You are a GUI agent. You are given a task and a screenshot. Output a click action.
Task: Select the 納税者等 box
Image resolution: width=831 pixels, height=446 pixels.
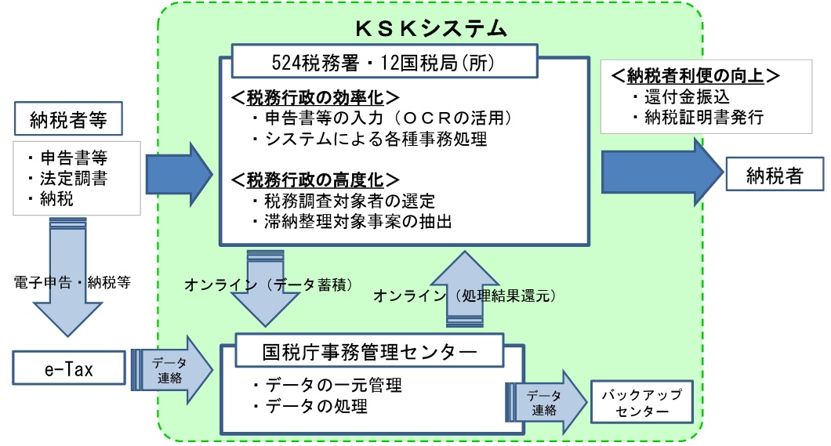[x=71, y=121]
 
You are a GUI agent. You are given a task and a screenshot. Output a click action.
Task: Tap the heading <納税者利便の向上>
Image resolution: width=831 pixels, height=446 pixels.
[x=695, y=75]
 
